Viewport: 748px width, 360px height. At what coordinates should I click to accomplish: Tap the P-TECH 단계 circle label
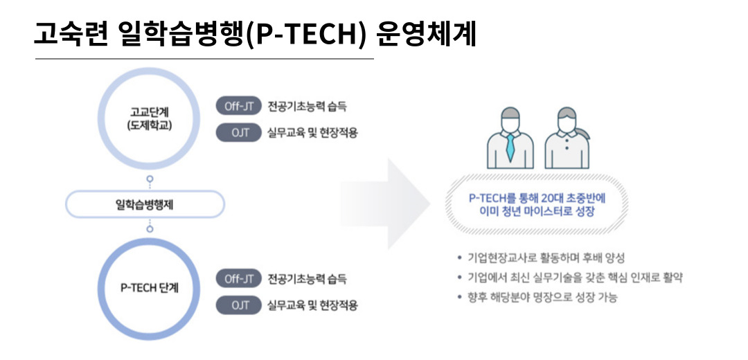click(x=150, y=288)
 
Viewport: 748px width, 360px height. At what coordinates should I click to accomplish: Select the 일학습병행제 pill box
click(x=145, y=204)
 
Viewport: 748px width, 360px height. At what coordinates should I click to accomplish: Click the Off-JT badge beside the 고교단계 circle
click(x=239, y=107)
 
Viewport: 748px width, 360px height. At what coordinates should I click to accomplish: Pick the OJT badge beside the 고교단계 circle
click(x=239, y=132)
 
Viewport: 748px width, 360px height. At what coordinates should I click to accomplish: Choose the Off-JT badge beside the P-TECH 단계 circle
click(x=239, y=279)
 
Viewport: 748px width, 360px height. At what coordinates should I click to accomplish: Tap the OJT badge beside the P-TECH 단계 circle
click(x=239, y=305)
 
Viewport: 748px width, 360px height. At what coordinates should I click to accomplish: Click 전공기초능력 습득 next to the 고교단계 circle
click(x=308, y=107)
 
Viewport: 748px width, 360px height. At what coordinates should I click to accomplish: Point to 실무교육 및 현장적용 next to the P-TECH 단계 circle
click(x=312, y=305)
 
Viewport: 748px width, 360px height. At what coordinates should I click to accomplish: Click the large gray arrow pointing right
click(x=386, y=204)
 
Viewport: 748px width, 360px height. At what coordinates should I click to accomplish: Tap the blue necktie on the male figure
click(x=510, y=147)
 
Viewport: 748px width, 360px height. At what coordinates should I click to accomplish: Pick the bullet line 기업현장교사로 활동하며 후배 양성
click(x=540, y=258)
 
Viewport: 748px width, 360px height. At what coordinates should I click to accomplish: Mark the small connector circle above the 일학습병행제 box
click(x=150, y=180)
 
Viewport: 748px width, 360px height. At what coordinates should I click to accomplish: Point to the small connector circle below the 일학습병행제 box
click(x=150, y=229)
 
